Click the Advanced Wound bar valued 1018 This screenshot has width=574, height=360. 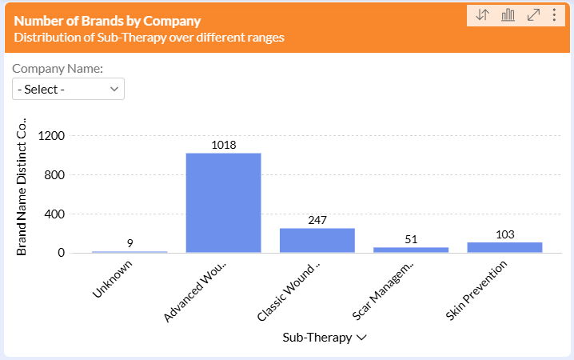[223, 203]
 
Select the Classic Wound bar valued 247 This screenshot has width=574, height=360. [317, 241]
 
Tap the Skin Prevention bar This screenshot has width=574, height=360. [504, 247]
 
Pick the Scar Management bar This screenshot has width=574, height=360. [411, 250]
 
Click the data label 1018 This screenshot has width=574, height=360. [224, 146]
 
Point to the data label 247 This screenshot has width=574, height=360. [317, 220]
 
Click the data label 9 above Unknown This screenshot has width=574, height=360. [130, 243]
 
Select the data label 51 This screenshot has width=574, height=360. [411, 239]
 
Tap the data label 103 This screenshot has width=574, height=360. [504, 234]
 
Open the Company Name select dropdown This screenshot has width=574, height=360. [68, 89]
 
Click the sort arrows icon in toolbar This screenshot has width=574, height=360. [482, 15]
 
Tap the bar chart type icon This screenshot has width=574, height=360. [508, 15]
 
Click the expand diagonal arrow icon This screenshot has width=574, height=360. [533, 15]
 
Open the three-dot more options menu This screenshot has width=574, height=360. [554, 15]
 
